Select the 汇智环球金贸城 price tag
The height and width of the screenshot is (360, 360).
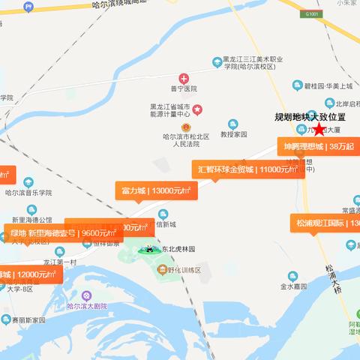click(x=248, y=169)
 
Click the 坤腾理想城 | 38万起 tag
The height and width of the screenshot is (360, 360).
click(x=318, y=146)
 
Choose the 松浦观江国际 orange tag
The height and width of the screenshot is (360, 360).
click(x=326, y=223)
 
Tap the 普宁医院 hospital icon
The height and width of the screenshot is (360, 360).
click(x=184, y=79)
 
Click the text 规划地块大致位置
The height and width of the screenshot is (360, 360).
click(x=310, y=118)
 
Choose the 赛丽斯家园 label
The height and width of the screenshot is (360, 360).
click(x=28, y=320)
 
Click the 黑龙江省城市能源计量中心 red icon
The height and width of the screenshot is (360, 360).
click(x=197, y=109)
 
